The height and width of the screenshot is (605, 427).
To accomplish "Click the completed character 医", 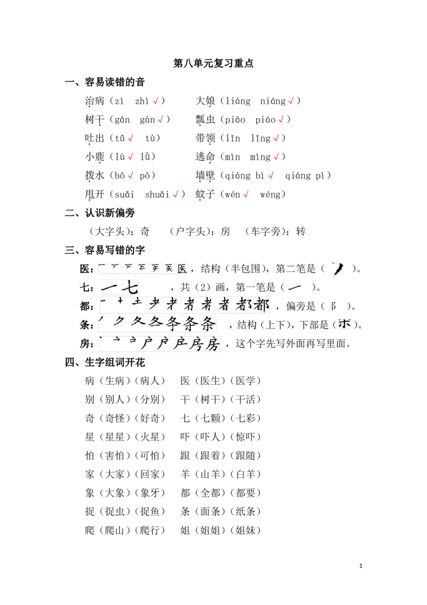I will [x=182, y=269].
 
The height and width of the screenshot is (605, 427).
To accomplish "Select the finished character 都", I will [x=261, y=305].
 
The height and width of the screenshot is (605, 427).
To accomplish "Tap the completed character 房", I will [x=212, y=344].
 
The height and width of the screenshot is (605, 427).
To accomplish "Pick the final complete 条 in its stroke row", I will [x=208, y=324].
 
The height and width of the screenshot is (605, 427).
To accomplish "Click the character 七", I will [x=130, y=288].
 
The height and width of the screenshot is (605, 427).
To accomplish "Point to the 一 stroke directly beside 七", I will [x=109, y=288].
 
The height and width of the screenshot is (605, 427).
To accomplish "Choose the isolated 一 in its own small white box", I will [x=295, y=288].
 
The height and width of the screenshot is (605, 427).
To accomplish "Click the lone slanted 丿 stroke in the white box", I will [x=338, y=269].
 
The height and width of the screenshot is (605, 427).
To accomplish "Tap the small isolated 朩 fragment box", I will [x=345, y=324].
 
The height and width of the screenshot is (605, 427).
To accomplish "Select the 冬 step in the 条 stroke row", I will [x=155, y=323].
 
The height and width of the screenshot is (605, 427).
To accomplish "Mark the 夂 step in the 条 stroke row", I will [x=138, y=322].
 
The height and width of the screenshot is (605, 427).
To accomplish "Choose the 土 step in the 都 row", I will [x=137, y=303].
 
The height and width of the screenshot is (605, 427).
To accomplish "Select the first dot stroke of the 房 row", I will [x=101, y=338].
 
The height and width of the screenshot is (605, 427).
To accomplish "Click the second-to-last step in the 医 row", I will [x=169, y=268].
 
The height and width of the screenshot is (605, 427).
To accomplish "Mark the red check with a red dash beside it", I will [x=131, y=138].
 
